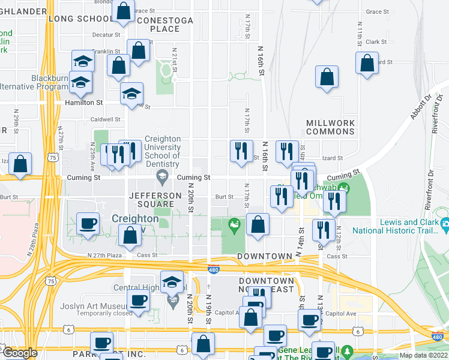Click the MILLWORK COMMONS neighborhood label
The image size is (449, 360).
point(330,127)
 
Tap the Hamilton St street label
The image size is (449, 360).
point(84,103)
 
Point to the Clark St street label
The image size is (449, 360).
point(376,42)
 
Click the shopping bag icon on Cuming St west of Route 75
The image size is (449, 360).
point(20,163)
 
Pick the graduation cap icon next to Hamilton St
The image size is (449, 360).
point(132,93)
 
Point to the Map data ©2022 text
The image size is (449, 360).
point(423,355)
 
